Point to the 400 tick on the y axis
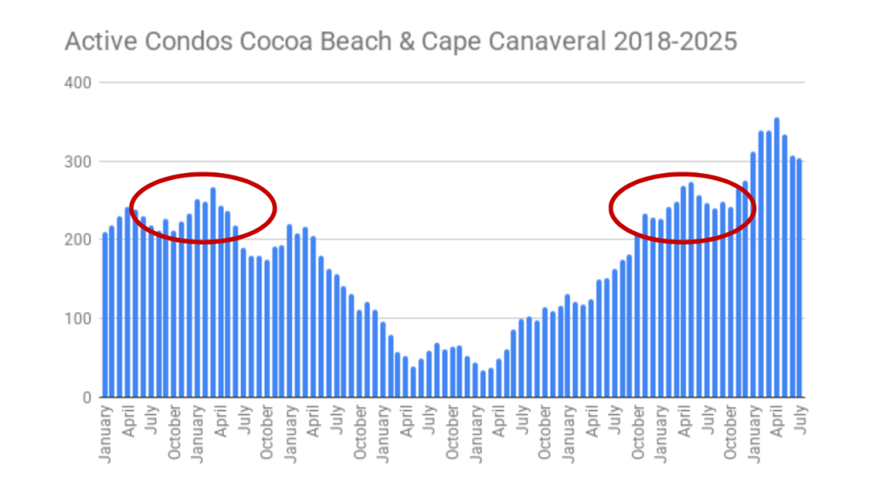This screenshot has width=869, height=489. tap(78, 82)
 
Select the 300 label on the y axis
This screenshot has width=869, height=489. tap(78, 161)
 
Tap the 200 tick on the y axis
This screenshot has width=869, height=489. tap(78, 240)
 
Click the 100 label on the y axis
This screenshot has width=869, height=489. tap(78, 318)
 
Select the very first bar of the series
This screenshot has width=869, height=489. tap(105, 314)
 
